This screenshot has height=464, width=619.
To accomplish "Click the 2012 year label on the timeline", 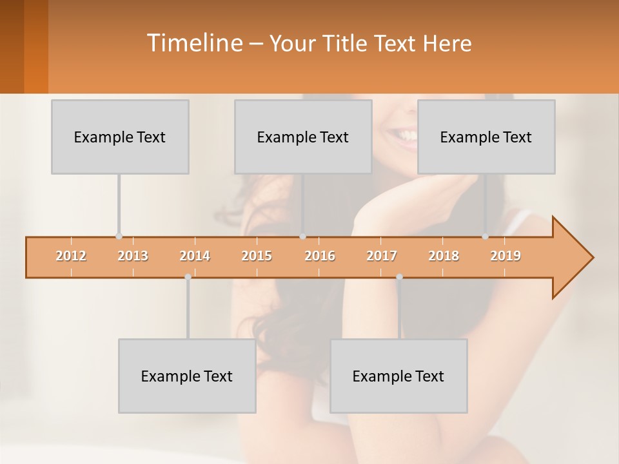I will point(71,256).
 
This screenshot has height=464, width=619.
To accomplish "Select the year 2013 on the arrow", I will point(133,256).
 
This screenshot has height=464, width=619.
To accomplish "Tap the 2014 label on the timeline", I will point(195,256).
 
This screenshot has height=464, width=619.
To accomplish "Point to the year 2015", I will point(257,256).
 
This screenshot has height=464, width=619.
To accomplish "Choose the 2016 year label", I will point(320,256).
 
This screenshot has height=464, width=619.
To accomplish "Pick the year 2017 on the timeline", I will point(382,256).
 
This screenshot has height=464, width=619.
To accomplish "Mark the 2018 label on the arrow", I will point(444,256).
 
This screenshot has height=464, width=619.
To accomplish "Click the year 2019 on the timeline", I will point(506,256).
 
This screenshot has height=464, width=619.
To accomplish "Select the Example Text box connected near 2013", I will point(120,137).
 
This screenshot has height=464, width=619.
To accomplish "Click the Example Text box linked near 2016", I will point(303,137).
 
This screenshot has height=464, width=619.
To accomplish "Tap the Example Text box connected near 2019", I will point(486,137).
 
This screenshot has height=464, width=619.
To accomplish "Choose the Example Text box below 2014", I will point(187,376).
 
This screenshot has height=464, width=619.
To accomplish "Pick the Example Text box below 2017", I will point(398,376).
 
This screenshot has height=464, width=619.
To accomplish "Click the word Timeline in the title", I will point(193,43).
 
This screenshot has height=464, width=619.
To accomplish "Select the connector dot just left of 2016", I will point(303,237).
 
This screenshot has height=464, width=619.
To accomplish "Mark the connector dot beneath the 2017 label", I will point(399,277).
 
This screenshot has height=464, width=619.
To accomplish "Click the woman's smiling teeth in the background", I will point(405,135).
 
